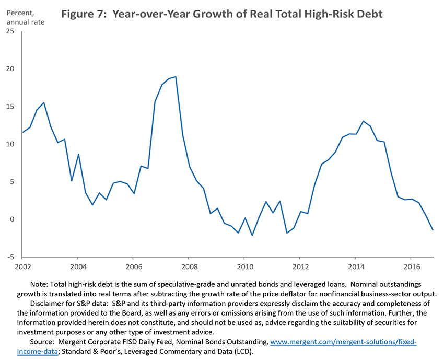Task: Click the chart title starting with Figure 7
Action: coord(222,14)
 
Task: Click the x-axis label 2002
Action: coord(22,266)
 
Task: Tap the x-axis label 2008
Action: coord(189,266)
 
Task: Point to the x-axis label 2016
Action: coord(411,266)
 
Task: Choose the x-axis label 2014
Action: coord(355,266)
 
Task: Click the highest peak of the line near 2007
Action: coord(176,77)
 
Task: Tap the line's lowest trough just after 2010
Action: coord(252,235)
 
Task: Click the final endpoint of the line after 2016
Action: coord(433,230)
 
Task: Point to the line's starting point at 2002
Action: coord(22,132)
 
